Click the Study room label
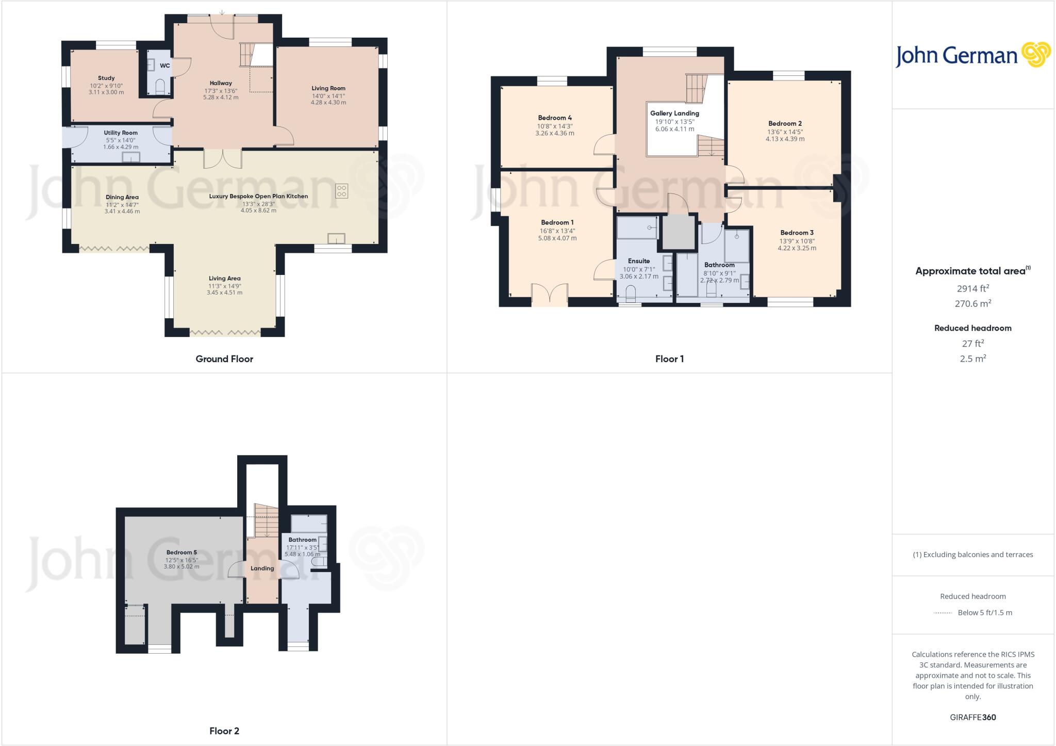(106, 78)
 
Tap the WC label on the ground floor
(165, 66)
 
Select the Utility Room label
(121, 133)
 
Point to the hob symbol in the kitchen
(341, 191)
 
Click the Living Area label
(224, 279)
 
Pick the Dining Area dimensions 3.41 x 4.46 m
(122, 212)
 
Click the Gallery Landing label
(674, 113)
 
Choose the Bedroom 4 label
(555, 118)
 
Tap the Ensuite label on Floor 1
(639, 261)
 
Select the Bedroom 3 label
(797, 233)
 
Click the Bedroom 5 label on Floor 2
(181, 553)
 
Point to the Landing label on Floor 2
(262, 569)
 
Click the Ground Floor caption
(224, 359)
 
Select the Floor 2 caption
(224, 731)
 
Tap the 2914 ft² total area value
(972, 289)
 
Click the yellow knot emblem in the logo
(1036, 55)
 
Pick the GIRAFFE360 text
(972, 718)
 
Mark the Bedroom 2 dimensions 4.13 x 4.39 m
(785, 139)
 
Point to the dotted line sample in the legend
(942, 613)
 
